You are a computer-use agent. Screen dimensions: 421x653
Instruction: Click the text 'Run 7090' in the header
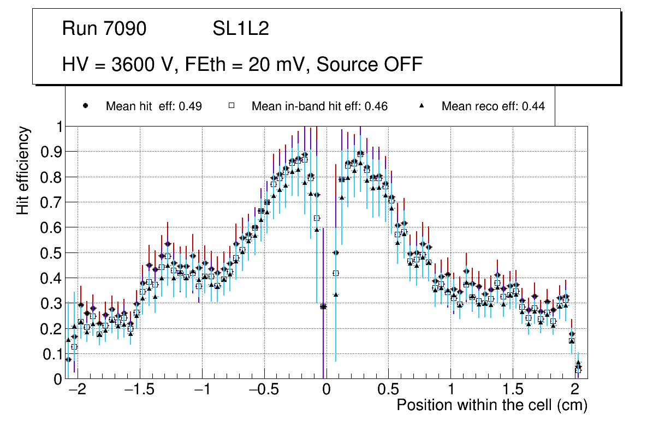click(104, 29)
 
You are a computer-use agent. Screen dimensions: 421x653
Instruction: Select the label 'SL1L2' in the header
click(241, 29)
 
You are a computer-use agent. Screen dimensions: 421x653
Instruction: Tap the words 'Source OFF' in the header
click(370, 64)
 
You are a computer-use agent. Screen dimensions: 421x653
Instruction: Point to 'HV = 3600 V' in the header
click(118, 64)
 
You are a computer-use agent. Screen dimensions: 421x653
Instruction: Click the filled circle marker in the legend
click(86, 106)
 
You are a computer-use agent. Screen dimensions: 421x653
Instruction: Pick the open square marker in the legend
click(231, 106)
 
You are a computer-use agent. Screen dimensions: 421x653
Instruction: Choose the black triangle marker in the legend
click(422, 106)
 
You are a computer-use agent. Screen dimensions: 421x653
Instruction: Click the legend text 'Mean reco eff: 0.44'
click(493, 106)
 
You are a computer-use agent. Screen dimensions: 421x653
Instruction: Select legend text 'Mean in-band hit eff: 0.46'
click(319, 106)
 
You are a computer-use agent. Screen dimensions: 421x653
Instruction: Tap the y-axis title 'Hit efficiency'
click(23, 171)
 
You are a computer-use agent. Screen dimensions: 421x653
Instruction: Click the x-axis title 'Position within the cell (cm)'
click(491, 406)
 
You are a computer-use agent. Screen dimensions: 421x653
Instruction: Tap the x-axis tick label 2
click(574, 390)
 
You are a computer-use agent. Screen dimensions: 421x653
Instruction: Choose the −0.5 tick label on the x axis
click(263, 390)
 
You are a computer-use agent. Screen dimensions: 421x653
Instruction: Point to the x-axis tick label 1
click(450, 390)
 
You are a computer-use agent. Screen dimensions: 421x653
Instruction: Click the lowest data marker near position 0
click(323, 306)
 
